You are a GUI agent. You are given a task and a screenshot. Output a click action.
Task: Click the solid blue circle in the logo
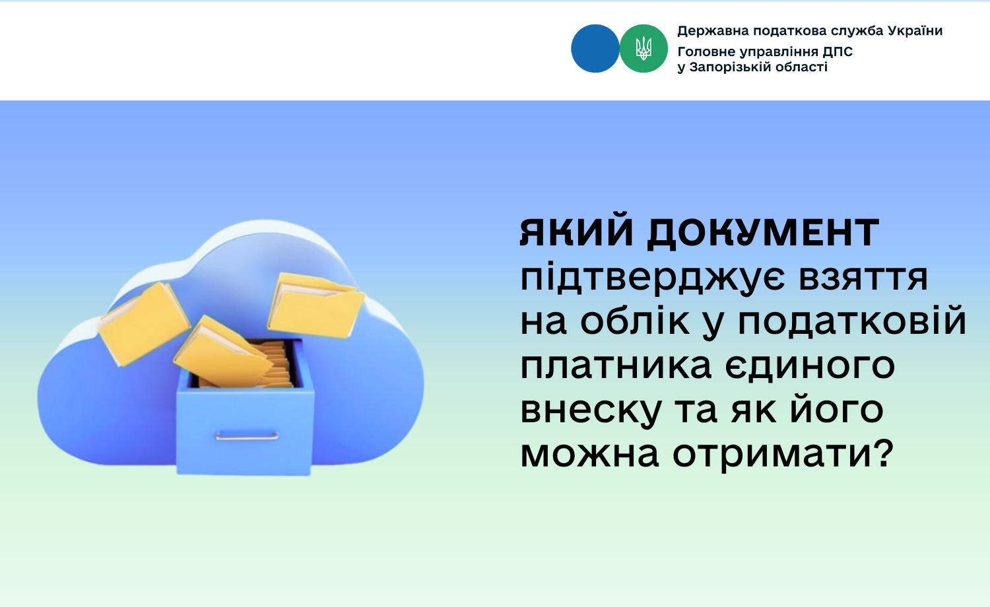595,49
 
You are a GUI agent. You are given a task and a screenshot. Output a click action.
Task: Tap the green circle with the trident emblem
643,49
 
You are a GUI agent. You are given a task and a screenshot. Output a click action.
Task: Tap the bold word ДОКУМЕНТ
763,233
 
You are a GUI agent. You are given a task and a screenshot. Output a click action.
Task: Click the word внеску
591,412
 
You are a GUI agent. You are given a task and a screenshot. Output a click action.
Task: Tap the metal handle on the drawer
247,437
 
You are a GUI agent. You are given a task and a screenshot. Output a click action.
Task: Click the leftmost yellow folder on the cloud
144,324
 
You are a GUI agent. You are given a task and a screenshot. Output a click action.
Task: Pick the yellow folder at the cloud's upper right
315,305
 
